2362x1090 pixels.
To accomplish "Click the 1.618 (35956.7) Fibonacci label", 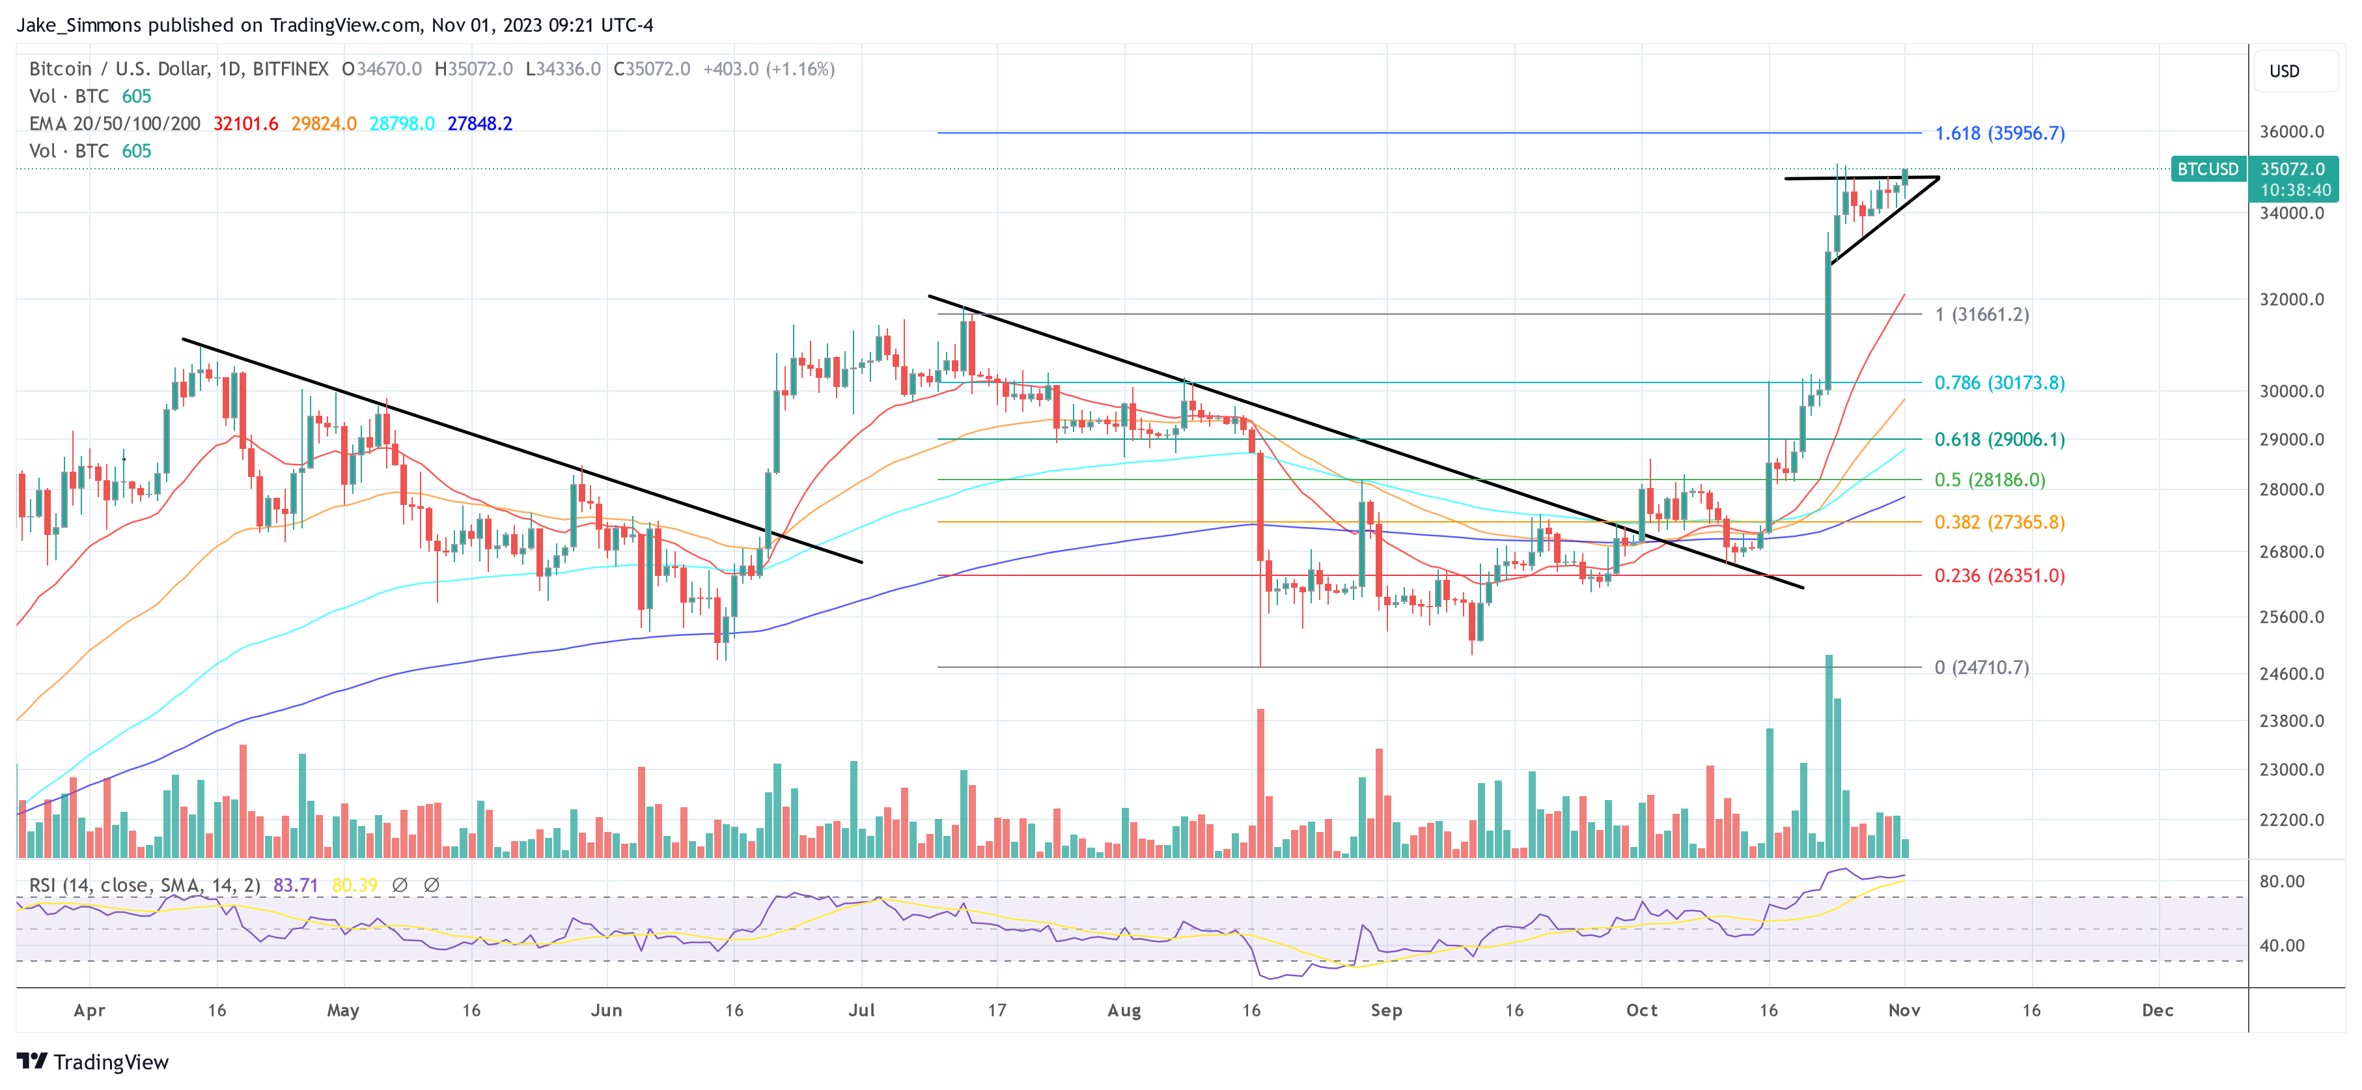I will (x=1999, y=133).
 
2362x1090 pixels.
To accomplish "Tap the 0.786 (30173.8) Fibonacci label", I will (x=1999, y=382).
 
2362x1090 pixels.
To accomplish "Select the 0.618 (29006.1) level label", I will (x=1999, y=440).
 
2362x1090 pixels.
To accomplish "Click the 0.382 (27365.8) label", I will (x=1999, y=522).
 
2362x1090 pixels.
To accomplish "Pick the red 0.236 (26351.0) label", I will (x=1999, y=575).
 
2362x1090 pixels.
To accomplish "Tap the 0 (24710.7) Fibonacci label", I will (x=1980, y=667).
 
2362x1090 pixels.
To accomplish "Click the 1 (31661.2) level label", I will (x=1980, y=315).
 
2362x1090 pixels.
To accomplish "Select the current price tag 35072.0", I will (x=2292, y=169).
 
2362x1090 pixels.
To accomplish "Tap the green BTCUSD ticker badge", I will (x=2207, y=169).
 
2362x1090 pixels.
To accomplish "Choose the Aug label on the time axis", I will (x=1124, y=1010).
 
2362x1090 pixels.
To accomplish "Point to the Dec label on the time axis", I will (x=2158, y=1010).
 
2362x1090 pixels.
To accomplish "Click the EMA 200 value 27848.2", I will (x=480, y=124).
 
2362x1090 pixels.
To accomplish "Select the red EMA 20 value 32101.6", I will (x=245, y=124).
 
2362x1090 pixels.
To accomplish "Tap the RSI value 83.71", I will (x=296, y=885).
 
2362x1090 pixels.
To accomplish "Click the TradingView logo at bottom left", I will (x=92, y=1061).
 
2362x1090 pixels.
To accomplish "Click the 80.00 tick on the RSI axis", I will (x=2282, y=881).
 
